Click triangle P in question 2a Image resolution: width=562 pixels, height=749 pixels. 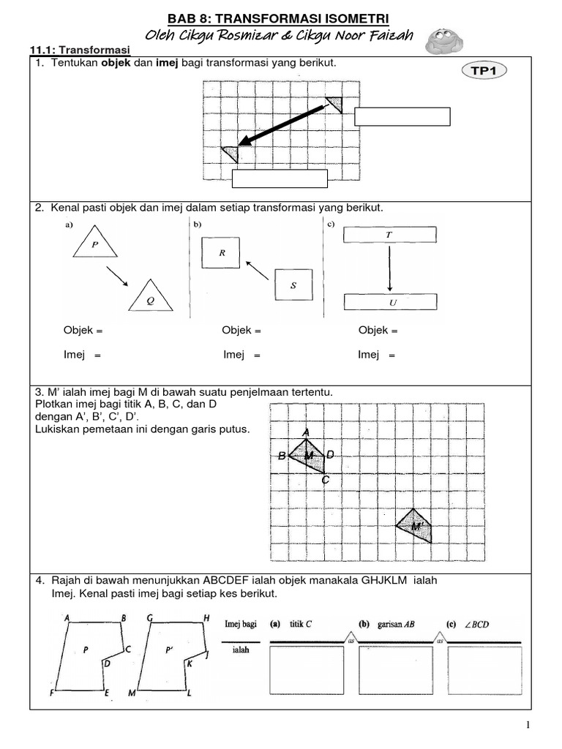(x=94, y=244)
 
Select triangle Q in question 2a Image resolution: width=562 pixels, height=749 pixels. (x=151, y=297)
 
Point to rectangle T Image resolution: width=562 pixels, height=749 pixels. (x=389, y=235)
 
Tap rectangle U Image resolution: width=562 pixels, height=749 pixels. (x=390, y=301)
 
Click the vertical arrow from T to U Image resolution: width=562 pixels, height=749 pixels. (x=389, y=268)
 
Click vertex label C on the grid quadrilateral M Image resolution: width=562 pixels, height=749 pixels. (x=326, y=481)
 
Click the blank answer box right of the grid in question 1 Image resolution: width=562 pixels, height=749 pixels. (x=402, y=117)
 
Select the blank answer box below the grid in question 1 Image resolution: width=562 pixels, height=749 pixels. (x=280, y=179)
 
